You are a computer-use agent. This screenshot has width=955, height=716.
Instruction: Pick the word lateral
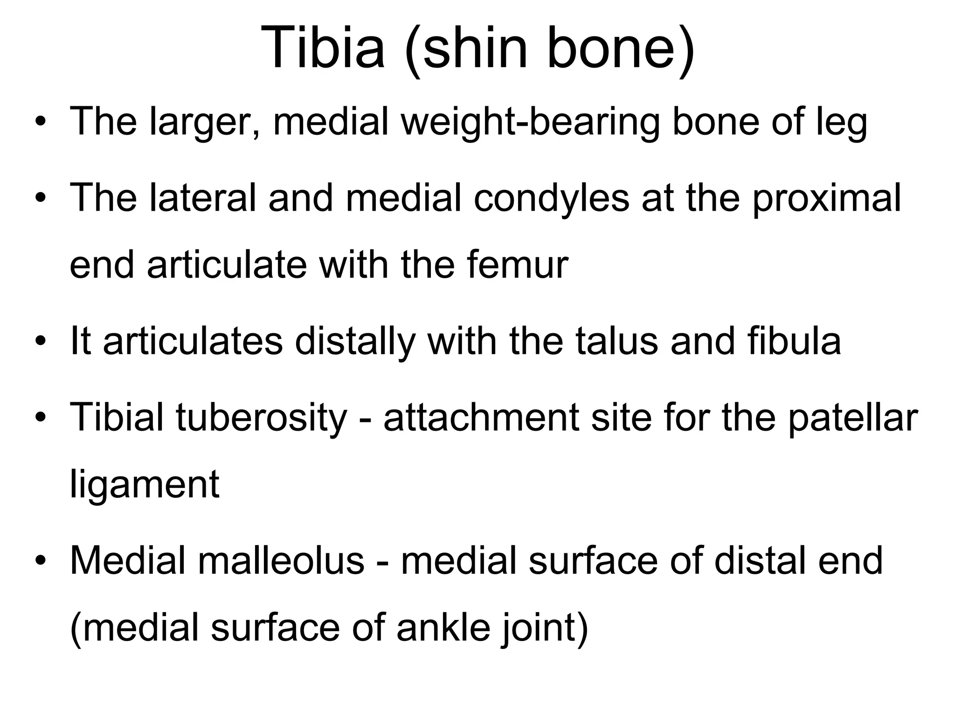203,198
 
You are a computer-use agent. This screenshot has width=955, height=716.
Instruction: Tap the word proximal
826,198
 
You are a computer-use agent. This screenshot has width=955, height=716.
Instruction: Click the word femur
517,265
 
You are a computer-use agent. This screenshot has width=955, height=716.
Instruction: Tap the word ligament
145,485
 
